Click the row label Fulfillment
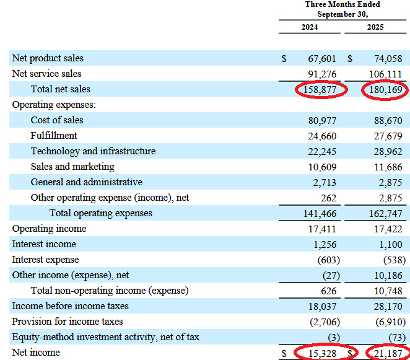[x=54, y=136]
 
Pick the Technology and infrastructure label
[x=93, y=151]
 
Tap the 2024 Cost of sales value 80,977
[x=322, y=120]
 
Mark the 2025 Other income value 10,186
[x=388, y=275]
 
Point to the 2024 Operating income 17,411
[x=322, y=229]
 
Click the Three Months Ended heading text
[x=342, y=4]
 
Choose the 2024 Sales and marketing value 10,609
[x=322, y=167]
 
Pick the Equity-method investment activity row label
[x=105, y=337]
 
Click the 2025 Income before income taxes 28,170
[x=388, y=306]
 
